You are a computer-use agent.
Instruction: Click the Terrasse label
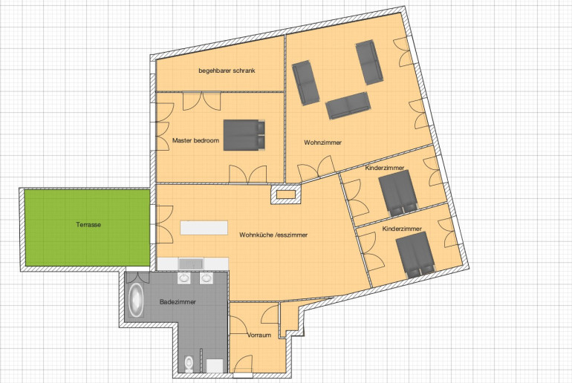88,224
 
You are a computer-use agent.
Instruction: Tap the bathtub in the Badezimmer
136,300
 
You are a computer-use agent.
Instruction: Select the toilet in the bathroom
189,364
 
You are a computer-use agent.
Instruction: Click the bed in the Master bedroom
244,135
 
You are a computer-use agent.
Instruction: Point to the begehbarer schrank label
227,71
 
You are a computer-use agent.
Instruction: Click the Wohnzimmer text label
322,143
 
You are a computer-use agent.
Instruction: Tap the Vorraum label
259,335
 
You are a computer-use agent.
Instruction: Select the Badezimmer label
178,302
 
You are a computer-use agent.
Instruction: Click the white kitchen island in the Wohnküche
204,228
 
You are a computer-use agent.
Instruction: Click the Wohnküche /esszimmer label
273,235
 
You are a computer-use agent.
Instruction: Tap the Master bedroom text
195,140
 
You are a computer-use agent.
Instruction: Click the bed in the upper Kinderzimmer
398,193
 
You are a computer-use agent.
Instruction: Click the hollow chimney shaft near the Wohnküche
286,194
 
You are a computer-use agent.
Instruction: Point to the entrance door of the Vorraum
243,365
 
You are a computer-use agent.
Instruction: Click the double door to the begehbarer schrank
202,101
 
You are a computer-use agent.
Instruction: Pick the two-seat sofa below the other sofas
348,105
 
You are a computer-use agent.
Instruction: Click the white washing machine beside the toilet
215,366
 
